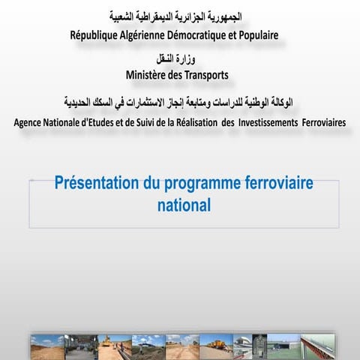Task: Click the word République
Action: (95, 35)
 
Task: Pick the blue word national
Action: (184, 203)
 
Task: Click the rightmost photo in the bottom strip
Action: (316, 347)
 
